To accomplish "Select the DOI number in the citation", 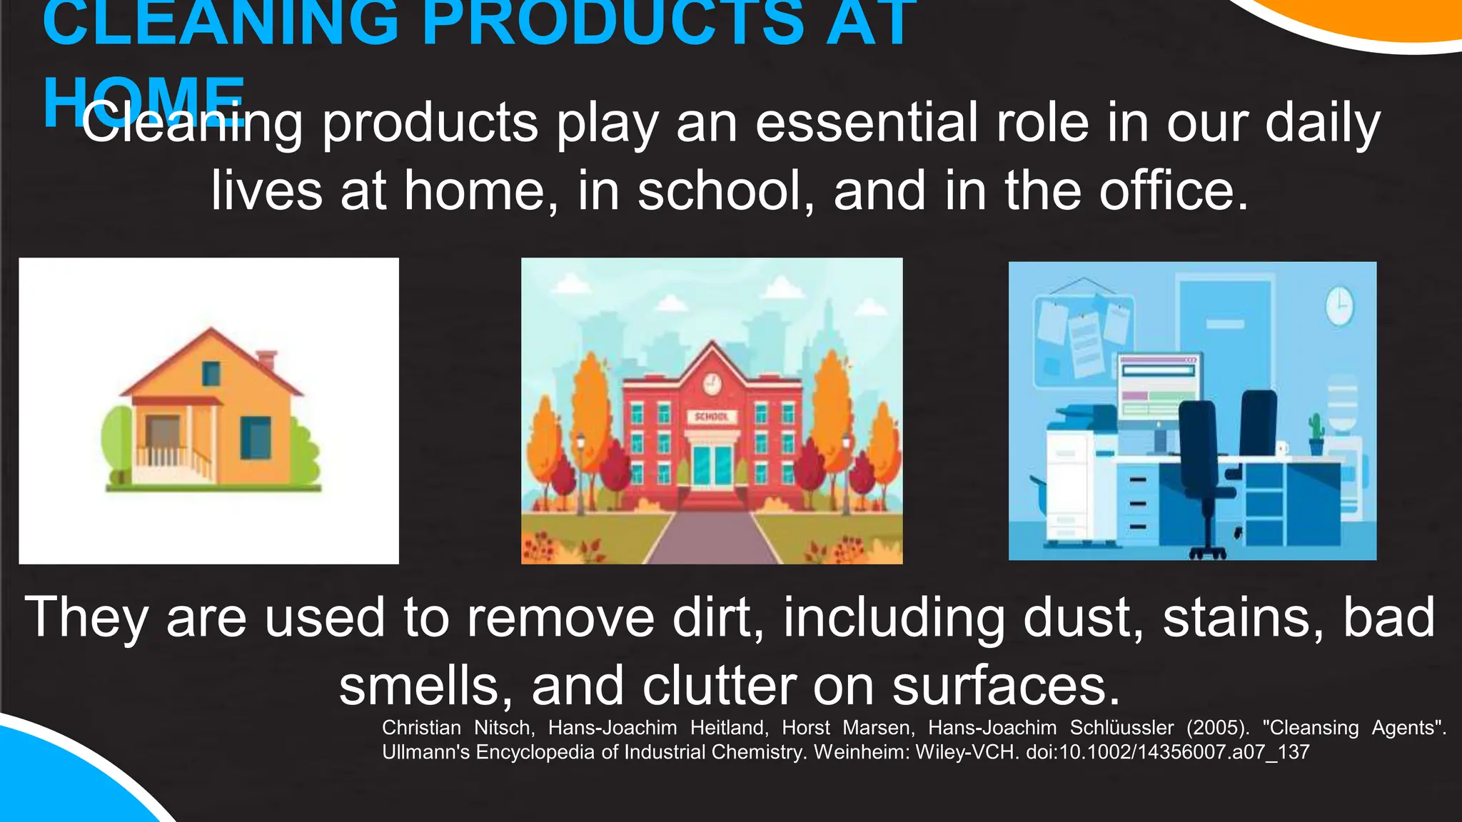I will coord(1167,752).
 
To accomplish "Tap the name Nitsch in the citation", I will coord(504,728).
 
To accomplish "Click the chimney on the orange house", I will coord(266,359).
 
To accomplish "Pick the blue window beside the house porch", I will coord(255,437).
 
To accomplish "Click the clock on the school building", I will coord(711,384).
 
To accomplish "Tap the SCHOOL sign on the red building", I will coord(711,416).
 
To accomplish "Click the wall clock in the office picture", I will coord(1339,306).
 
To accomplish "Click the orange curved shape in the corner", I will coord(1378,21).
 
